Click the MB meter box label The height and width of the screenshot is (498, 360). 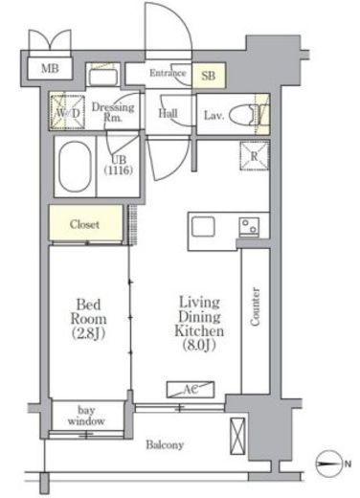point(50,68)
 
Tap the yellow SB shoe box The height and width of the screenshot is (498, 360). point(209,76)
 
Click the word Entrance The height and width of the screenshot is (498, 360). point(168,73)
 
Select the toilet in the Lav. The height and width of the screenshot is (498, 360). point(246,115)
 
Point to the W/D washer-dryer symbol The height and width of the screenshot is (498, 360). point(67,112)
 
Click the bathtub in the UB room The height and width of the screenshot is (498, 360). point(75,166)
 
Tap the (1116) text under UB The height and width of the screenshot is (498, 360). point(118,170)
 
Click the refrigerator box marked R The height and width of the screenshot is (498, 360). point(255,156)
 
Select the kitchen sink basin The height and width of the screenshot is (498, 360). point(203,226)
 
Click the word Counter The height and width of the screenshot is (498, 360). point(255,306)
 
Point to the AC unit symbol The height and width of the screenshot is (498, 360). point(191,390)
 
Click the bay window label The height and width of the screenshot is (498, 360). point(86,416)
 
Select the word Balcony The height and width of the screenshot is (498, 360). point(165,444)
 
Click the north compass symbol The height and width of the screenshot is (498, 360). point(328,464)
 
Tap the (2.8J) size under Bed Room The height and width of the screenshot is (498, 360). point(88,333)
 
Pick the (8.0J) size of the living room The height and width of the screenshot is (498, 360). point(199,345)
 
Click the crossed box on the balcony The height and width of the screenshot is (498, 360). point(237,436)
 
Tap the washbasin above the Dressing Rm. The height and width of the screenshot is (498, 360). point(102,77)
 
